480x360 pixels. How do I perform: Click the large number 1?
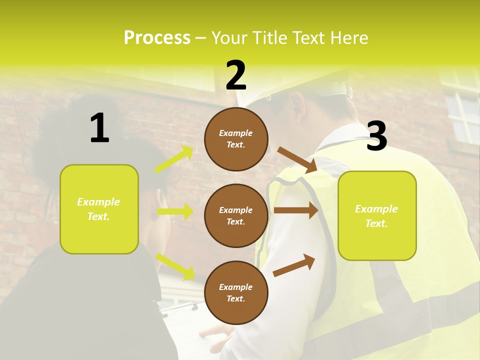(x=99, y=128)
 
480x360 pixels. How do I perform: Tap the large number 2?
(x=236, y=75)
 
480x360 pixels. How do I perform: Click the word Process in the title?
(x=157, y=37)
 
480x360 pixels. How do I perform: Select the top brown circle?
(x=236, y=139)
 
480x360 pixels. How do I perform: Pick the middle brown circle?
(x=236, y=215)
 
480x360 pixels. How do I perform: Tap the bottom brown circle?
(x=236, y=292)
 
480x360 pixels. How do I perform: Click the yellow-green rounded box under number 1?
(x=99, y=209)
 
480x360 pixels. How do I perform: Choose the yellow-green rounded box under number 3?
(x=377, y=215)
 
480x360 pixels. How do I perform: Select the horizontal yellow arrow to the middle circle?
(x=175, y=211)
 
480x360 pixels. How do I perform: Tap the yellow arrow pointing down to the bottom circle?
(x=175, y=266)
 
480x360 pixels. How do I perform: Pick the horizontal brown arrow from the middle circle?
(x=296, y=210)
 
